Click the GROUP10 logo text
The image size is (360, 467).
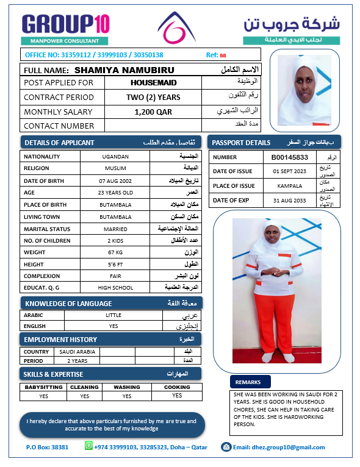click(x=66, y=24)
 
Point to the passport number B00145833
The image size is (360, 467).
click(x=290, y=157)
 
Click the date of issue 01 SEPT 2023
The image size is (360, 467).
click(x=290, y=171)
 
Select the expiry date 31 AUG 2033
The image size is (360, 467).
click(x=290, y=200)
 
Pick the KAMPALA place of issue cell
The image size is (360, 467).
click(x=290, y=185)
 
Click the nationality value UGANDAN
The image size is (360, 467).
click(x=115, y=157)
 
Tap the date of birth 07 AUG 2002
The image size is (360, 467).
click(x=115, y=181)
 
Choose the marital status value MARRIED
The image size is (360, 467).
click(x=115, y=229)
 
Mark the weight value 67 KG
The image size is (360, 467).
click(x=115, y=252)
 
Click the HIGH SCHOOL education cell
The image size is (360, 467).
click(x=115, y=287)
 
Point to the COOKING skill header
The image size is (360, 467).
click(x=177, y=387)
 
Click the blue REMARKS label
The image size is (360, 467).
click(x=248, y=382)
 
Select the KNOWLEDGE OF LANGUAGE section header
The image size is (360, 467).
click(x=68, y=304)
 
